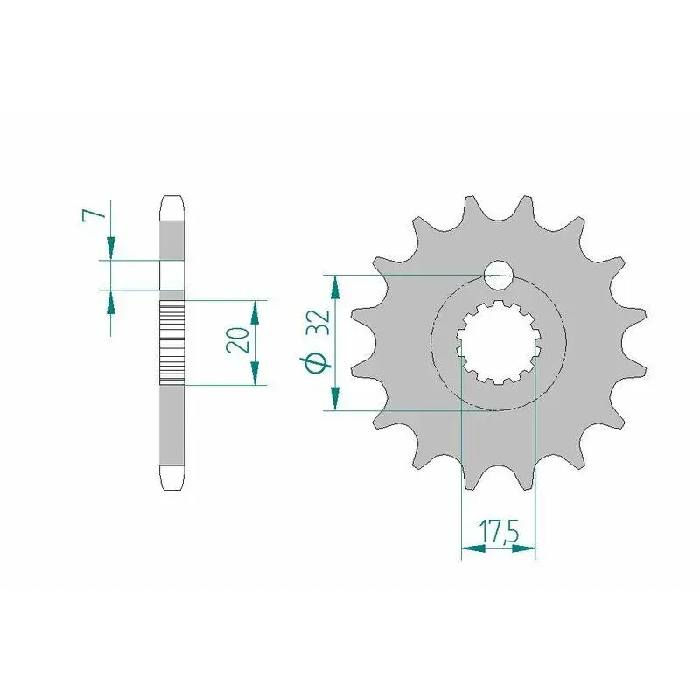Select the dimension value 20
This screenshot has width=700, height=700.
[x=237, y=340]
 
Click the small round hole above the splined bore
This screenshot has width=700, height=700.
[x=500, y=275]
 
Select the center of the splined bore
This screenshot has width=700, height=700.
[x=498, y=343]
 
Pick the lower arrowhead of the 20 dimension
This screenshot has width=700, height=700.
[x=255, y=374]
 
